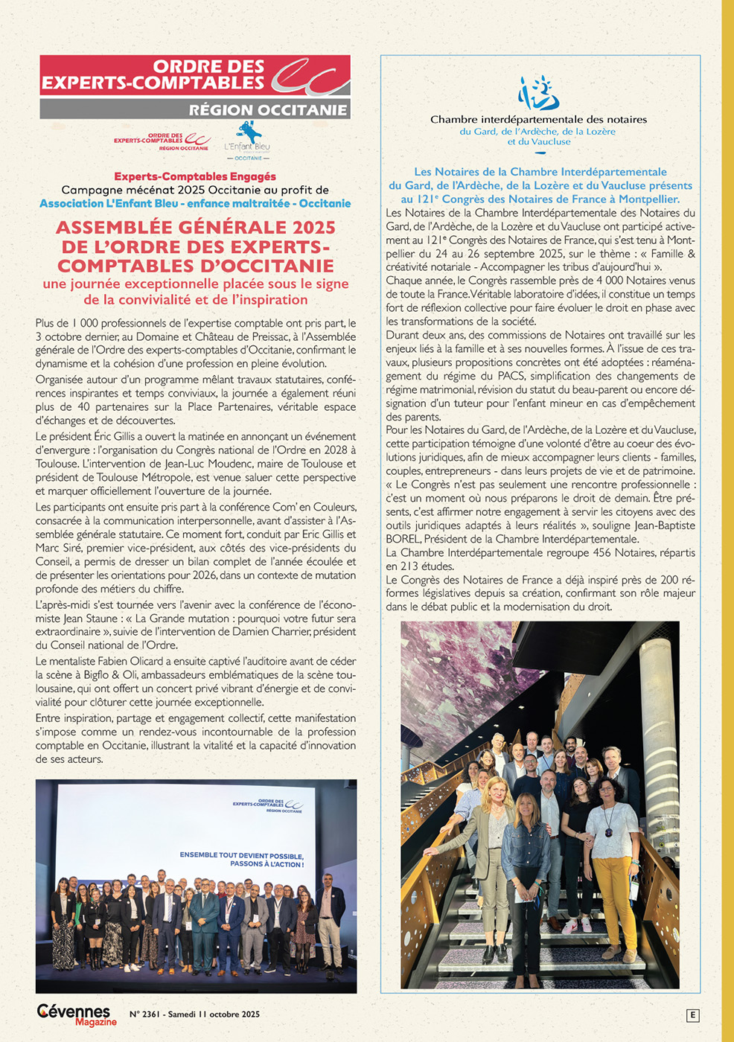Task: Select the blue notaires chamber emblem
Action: tap(539, 92)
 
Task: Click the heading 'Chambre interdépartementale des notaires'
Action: tap(538, 119)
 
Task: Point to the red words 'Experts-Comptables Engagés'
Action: tap(195, 176)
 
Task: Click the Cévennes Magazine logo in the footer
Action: tap(76, 1014)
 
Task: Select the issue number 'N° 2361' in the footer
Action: tap(144, 1014)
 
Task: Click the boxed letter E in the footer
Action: tap(693, 1015)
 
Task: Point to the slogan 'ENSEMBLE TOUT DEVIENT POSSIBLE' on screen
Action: tap(241, 855)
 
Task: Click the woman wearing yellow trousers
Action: tap(613, 856)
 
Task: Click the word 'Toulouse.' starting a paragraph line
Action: tap(57, 464)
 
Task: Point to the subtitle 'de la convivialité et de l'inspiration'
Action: tap(195, 300)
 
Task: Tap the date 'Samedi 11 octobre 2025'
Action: tap(214, 1014)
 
